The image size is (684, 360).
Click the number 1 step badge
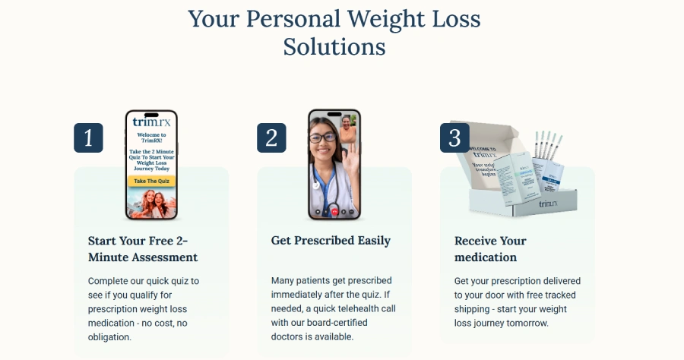pyautogui.click(x=88, y=138)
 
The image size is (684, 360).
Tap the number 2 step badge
pyautogui.click(x=271, y=138)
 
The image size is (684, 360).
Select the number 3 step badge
pyautogui.click(x=454, y=138)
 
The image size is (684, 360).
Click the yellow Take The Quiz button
pyautogui.click(x=150, y=181)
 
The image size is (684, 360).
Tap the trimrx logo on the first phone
pyautogui.click(x=150, y=122)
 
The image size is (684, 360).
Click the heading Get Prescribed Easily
pyautogui.click(x=331, y=241)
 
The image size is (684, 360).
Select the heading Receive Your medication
pyautogui.click(x=490, y=249)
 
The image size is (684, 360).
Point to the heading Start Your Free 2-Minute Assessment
pyautogui.click(x=143, y=249)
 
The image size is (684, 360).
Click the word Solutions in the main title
pyautogui.click(x=334, y=47)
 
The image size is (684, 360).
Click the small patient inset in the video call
pyautogui.click(x=348, y=129)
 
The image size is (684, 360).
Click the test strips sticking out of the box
pyautogui.click(x=545, y=144)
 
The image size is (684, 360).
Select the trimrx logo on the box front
pyautogui.click(x=549, y=204)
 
